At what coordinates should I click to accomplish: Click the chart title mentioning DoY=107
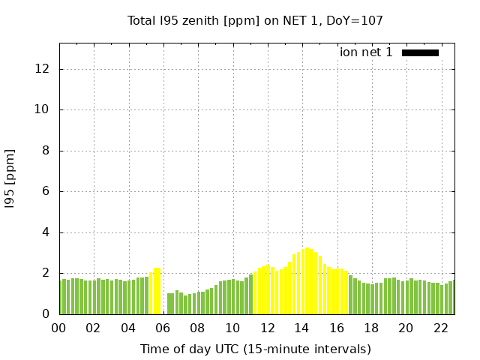[255, 20]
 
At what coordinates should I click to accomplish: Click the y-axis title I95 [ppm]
[10, 178]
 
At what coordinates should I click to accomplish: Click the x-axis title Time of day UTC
[255, 349]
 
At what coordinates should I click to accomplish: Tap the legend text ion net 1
[366, 52]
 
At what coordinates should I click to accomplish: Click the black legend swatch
[420, 52]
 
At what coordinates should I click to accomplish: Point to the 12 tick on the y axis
[42, 69]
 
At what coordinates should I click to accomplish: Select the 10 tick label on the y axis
[42, 109]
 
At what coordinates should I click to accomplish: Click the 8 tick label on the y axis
[46, 151]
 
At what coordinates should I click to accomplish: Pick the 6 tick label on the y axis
[46, 191]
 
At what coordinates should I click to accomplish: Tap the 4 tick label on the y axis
[46, 232]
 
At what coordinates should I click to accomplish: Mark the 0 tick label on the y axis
[46, 314]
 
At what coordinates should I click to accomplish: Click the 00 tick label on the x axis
[59, 328]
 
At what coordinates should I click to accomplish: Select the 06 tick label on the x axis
[163, 328]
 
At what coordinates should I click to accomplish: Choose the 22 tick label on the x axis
[441, 328]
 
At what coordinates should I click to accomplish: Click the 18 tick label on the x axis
[371, 328]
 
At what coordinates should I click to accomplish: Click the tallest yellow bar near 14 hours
[307, 281]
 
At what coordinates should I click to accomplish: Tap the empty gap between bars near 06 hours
[164, 300]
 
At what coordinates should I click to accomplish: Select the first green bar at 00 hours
[61, 297]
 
